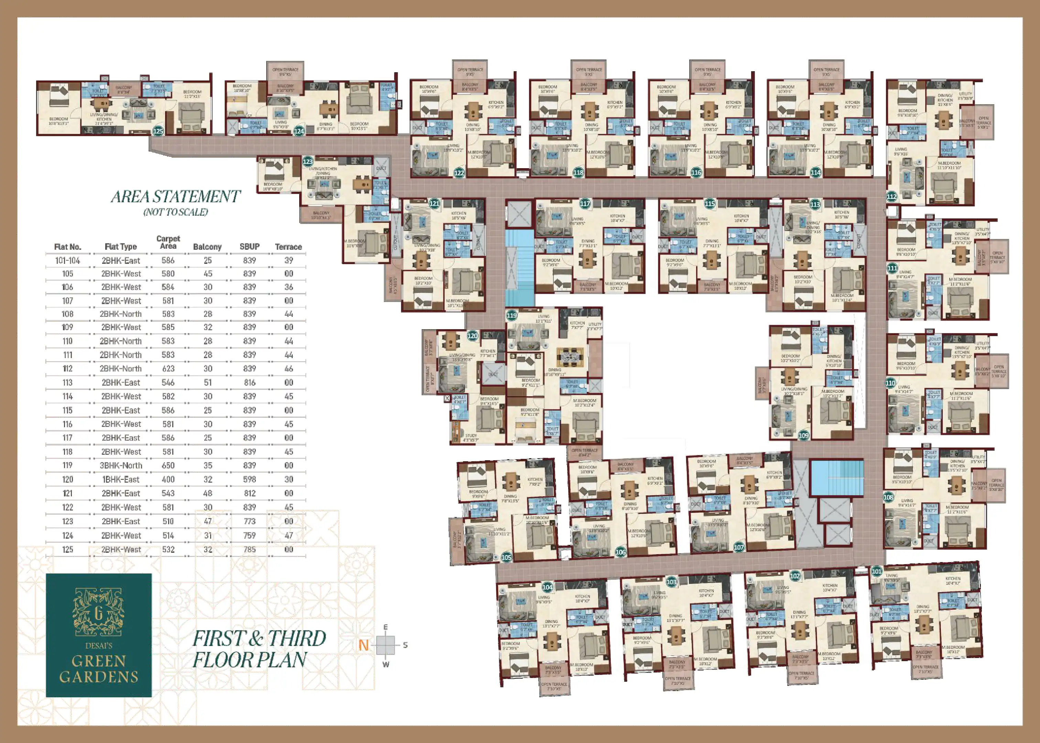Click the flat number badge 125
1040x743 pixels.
click(x=158, y=131)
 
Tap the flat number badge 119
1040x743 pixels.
click(x=512, y=315)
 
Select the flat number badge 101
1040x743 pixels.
click(x=876, y=571)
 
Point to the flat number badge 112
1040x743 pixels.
click(x=892, y=196)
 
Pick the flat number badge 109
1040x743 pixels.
click(x=803, y=435)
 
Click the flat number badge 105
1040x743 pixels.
click(x=506, y=557)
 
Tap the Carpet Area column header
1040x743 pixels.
click(x=168, y=242)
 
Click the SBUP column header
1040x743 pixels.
click(x=249, y=247)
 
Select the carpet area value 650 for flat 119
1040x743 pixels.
click(x=168, y=465)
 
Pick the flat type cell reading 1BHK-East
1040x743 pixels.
click(x=121, y=480)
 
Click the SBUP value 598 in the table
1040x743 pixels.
click(x=249, y=480)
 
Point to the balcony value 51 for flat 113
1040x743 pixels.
click(x=208, y=383)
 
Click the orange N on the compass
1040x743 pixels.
click(x=364, y=645)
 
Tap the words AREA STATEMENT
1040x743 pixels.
click(x=176, y=197)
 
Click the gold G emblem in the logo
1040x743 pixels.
click(x=98, y=613)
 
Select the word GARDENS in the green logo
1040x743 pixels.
click(x=99, y=677)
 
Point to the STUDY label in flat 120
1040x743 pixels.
click(x=470, y=435)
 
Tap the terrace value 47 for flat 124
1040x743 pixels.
click(x=289, y=535)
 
